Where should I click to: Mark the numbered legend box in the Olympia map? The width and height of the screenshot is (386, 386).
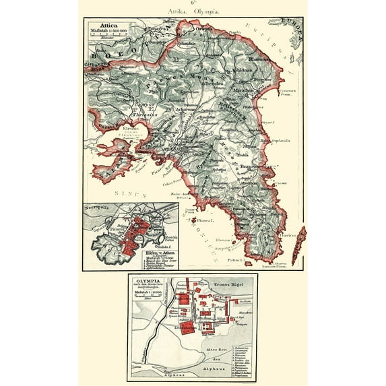coord(240,354)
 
